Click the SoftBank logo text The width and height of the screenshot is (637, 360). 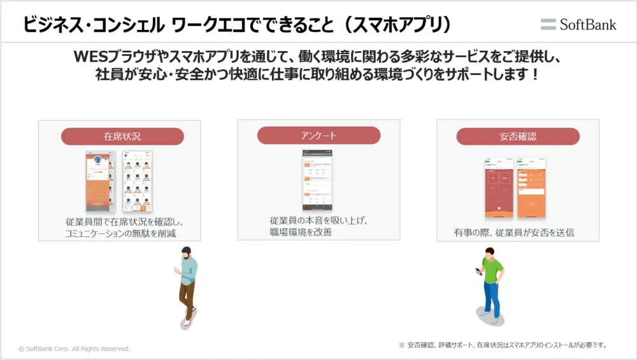coord(588,24)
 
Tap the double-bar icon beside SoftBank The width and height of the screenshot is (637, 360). coord(548,24)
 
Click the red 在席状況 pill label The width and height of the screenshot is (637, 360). coord(122,136)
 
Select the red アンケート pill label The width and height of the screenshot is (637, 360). coord(318,135)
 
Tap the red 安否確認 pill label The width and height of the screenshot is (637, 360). coord(518,136)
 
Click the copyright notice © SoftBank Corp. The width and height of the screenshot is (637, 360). coord(75,349)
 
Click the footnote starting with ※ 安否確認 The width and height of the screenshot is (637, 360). coord(503,345)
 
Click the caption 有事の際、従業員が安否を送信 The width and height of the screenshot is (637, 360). coord(513,233)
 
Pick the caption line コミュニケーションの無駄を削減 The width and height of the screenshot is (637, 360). coord(120,234)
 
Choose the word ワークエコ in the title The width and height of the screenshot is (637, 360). coord(207,24)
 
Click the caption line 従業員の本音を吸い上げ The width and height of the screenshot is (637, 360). coord(319,220)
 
